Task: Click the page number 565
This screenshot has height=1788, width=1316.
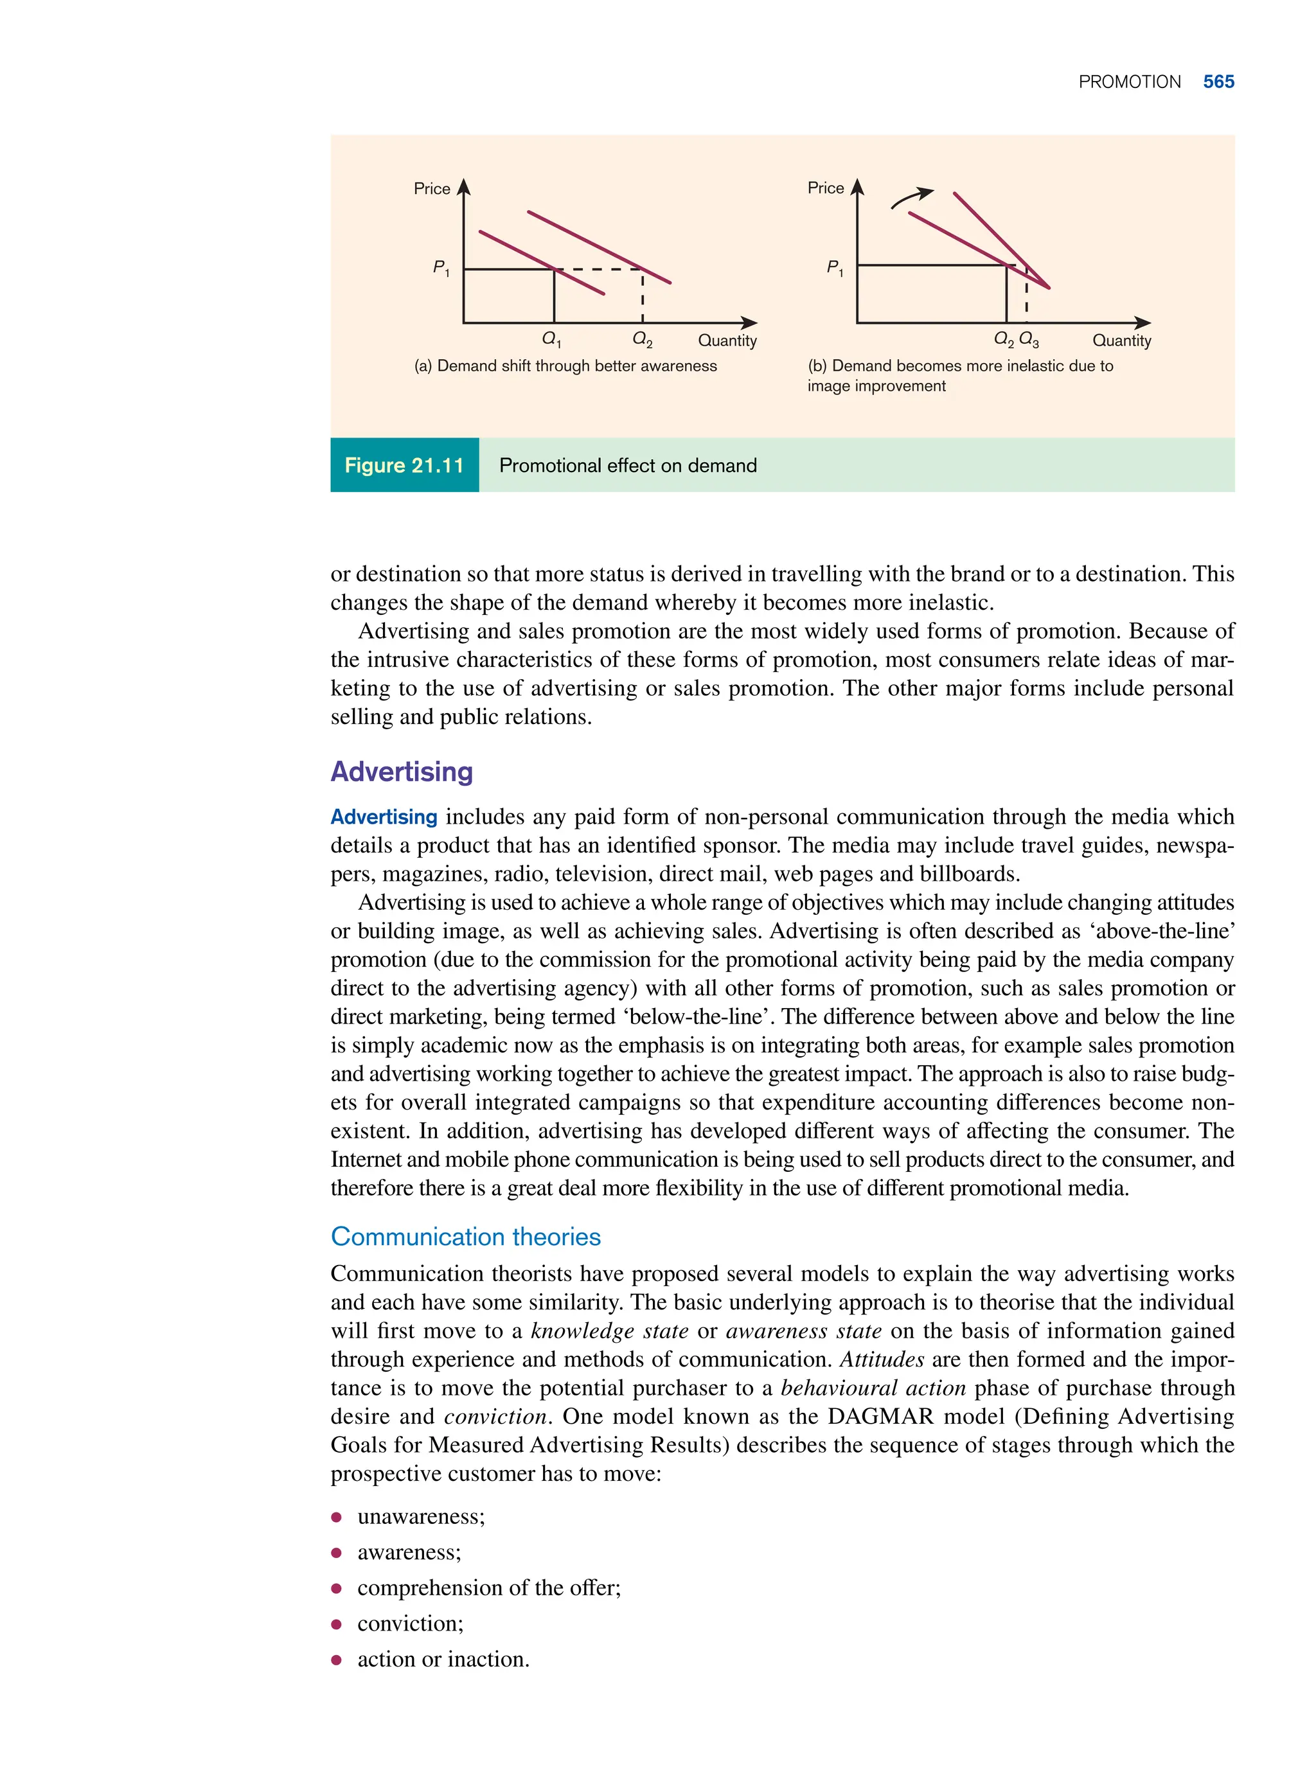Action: (x=1218, y=82)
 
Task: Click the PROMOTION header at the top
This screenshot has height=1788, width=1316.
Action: (x=1129, y=82)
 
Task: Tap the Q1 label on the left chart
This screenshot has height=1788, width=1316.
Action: (x=551, y=339)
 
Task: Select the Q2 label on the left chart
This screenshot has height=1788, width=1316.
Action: (x=642, y=339)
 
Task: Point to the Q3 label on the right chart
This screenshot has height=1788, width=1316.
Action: (x=1029, y=340)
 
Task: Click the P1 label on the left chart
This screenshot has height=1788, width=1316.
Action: (x=441, y=269)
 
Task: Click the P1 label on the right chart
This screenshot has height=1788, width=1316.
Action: (x=834, y=268)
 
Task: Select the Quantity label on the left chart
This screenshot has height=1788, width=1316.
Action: (x=727, y=341)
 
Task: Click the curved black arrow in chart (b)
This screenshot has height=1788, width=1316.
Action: (x=911, y=197)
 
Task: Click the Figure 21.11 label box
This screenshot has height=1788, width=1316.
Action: (x=404, y=465)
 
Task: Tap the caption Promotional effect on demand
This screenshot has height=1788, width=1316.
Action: (x=628, y=466)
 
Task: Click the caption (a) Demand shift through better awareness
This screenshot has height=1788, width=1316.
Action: (x=565, y=366)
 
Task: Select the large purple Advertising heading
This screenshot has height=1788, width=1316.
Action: (x=402, y=772)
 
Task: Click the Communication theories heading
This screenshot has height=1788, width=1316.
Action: (x=465, y=1237)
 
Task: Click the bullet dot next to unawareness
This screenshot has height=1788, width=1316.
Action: (x=337, y=1518)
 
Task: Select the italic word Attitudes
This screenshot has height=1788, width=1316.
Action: (x=881, y=1359)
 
